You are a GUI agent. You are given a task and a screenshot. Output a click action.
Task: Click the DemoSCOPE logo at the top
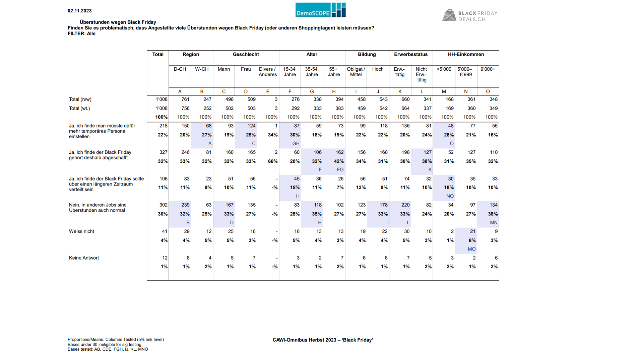coord(320,10)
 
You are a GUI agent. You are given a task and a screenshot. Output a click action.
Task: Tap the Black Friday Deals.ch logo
coord(470,15)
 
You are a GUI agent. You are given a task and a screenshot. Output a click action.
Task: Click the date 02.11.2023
coord(80,11)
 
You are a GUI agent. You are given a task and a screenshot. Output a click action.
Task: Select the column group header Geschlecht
coord(246,54)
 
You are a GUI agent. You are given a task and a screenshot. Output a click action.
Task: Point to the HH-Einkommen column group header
coord(466,54)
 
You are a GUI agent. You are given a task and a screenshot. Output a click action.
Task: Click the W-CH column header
coord(202,69)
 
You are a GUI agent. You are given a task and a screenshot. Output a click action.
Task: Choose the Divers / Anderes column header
coord(268,72)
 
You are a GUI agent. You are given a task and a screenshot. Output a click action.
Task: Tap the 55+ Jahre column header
coord(334,72)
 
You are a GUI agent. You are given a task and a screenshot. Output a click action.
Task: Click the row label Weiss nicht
coord(81,231)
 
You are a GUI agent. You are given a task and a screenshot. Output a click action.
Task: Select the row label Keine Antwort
coord(84,258)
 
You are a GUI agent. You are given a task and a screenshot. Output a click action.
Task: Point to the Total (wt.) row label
coord(79,108)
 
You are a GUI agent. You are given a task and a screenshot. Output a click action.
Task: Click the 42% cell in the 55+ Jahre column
coord(339,161)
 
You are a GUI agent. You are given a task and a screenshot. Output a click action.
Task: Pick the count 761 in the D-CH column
coord(185,99)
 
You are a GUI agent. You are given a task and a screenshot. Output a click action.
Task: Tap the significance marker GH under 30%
coord(296,143)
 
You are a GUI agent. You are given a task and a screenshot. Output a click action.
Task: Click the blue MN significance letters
coord(494,223)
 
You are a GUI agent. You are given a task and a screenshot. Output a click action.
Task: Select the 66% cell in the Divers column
coord(273,161)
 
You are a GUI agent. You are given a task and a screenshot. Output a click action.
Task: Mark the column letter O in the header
coord(488,91)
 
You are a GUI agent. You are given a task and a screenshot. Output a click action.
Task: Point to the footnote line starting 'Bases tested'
coord(108,349)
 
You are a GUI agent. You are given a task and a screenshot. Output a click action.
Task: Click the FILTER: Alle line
coord(81,33)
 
